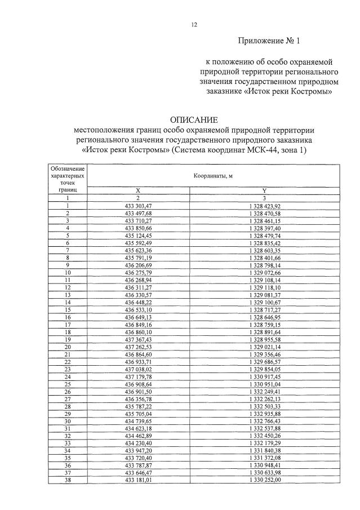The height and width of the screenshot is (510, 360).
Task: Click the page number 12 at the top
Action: click(194, 24)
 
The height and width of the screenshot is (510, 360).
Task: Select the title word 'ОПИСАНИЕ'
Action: click(194, 119)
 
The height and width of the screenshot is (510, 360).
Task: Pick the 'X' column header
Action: click(139, 191)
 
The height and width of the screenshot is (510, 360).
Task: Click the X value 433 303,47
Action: click(139, 206)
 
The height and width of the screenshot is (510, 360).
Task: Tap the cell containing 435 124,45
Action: click(139, 235)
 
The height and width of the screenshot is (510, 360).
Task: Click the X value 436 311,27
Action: click(139, 286)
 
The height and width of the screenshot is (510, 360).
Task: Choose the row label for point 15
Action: click(68, 308)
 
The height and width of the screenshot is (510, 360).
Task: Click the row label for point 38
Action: click(68, 480)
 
